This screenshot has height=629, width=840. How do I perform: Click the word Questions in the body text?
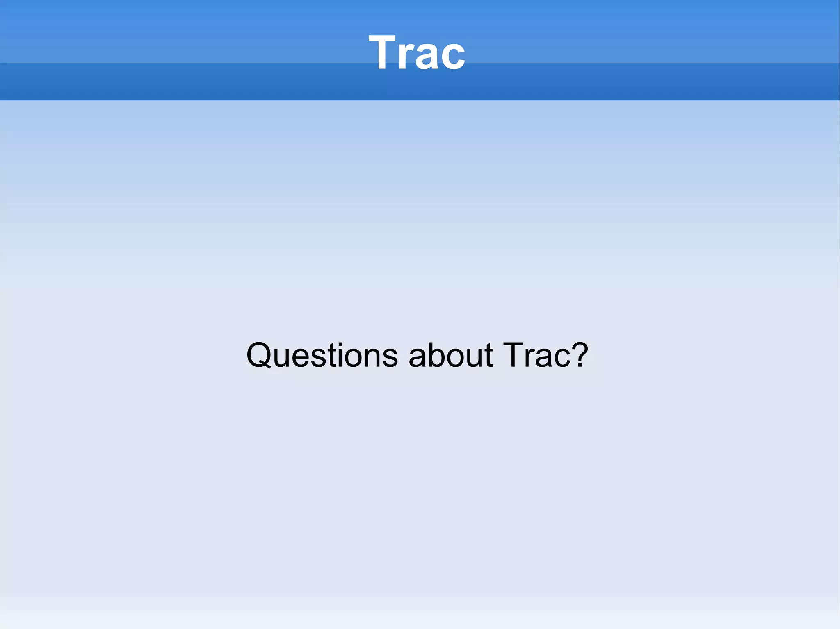(x=322, y=355)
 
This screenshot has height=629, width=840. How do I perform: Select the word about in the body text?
(x=450, y=355)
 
